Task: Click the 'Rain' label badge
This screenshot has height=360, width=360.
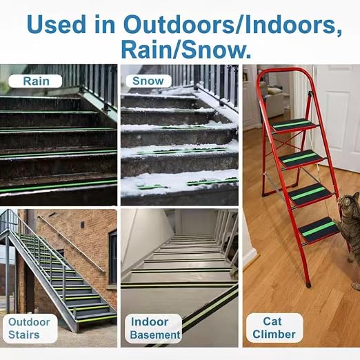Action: (35, 81)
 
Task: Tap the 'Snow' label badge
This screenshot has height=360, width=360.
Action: (148, 81)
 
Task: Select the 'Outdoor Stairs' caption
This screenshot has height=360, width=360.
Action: (29, 328)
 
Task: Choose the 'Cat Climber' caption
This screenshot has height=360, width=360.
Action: (274, 328)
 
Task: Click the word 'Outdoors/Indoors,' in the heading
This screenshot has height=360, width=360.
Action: (232, 25)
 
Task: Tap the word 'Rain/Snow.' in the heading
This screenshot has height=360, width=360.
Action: (186, 50)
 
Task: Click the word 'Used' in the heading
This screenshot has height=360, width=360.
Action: (56, 25)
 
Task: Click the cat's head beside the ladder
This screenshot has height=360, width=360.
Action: (350, 203)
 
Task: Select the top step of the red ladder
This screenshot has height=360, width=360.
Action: (294, 125)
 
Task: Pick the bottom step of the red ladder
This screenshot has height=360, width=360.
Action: (319, 230)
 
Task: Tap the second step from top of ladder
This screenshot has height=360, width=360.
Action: (301, 158)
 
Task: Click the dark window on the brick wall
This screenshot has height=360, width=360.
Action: (112, 258)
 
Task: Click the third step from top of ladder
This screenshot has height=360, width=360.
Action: (310, 194)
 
